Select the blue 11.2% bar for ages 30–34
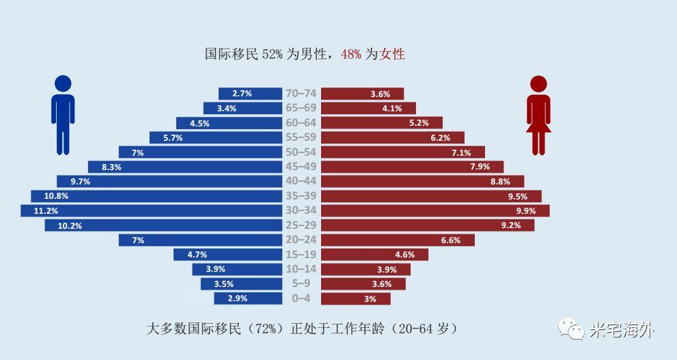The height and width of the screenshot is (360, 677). pos(151,211)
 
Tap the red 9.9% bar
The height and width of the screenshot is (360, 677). pos(435,211)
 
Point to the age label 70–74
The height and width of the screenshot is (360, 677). pos(301,94)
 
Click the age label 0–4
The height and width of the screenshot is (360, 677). pos(301,299)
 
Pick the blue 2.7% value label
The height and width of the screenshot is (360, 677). pos(242,94)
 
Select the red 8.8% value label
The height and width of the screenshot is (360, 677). pos(501,182)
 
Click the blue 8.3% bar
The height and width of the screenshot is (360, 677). pos(184,167)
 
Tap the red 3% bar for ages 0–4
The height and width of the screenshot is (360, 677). pos(355,299)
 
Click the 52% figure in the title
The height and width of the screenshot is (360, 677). pos(271,54)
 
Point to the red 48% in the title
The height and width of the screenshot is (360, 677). pos(350,54)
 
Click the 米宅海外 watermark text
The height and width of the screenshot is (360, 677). pos(622,331)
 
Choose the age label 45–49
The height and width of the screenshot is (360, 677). pos(301,167)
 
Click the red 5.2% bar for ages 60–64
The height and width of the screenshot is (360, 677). pos(381,123)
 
